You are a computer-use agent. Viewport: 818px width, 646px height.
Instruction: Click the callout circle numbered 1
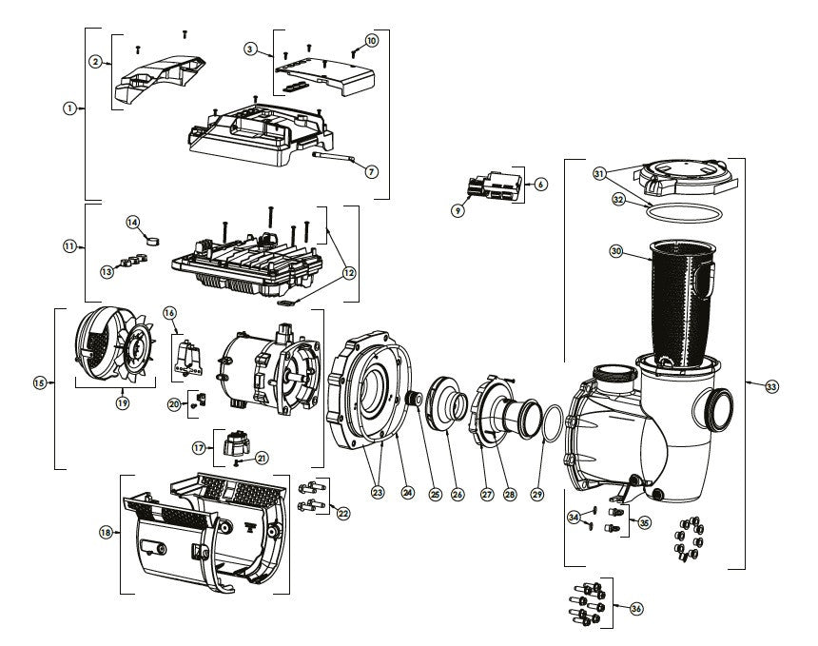[x=68, y=108]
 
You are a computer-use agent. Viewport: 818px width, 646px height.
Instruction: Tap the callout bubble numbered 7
[x=371, y=172]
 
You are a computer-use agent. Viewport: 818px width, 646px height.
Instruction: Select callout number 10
[x=371, y=41]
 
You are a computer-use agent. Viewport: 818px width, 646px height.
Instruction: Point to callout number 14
[x=133, y=222]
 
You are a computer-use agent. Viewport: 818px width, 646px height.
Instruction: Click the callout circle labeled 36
[x=636, y=608]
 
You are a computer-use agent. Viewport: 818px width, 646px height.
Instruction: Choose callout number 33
[x=770, y=387]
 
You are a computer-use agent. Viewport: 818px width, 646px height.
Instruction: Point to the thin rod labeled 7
[x=333, y=156]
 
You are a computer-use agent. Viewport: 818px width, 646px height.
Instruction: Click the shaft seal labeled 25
[x=415, y=401]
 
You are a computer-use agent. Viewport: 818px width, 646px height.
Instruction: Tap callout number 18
[x=105, y=532]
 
